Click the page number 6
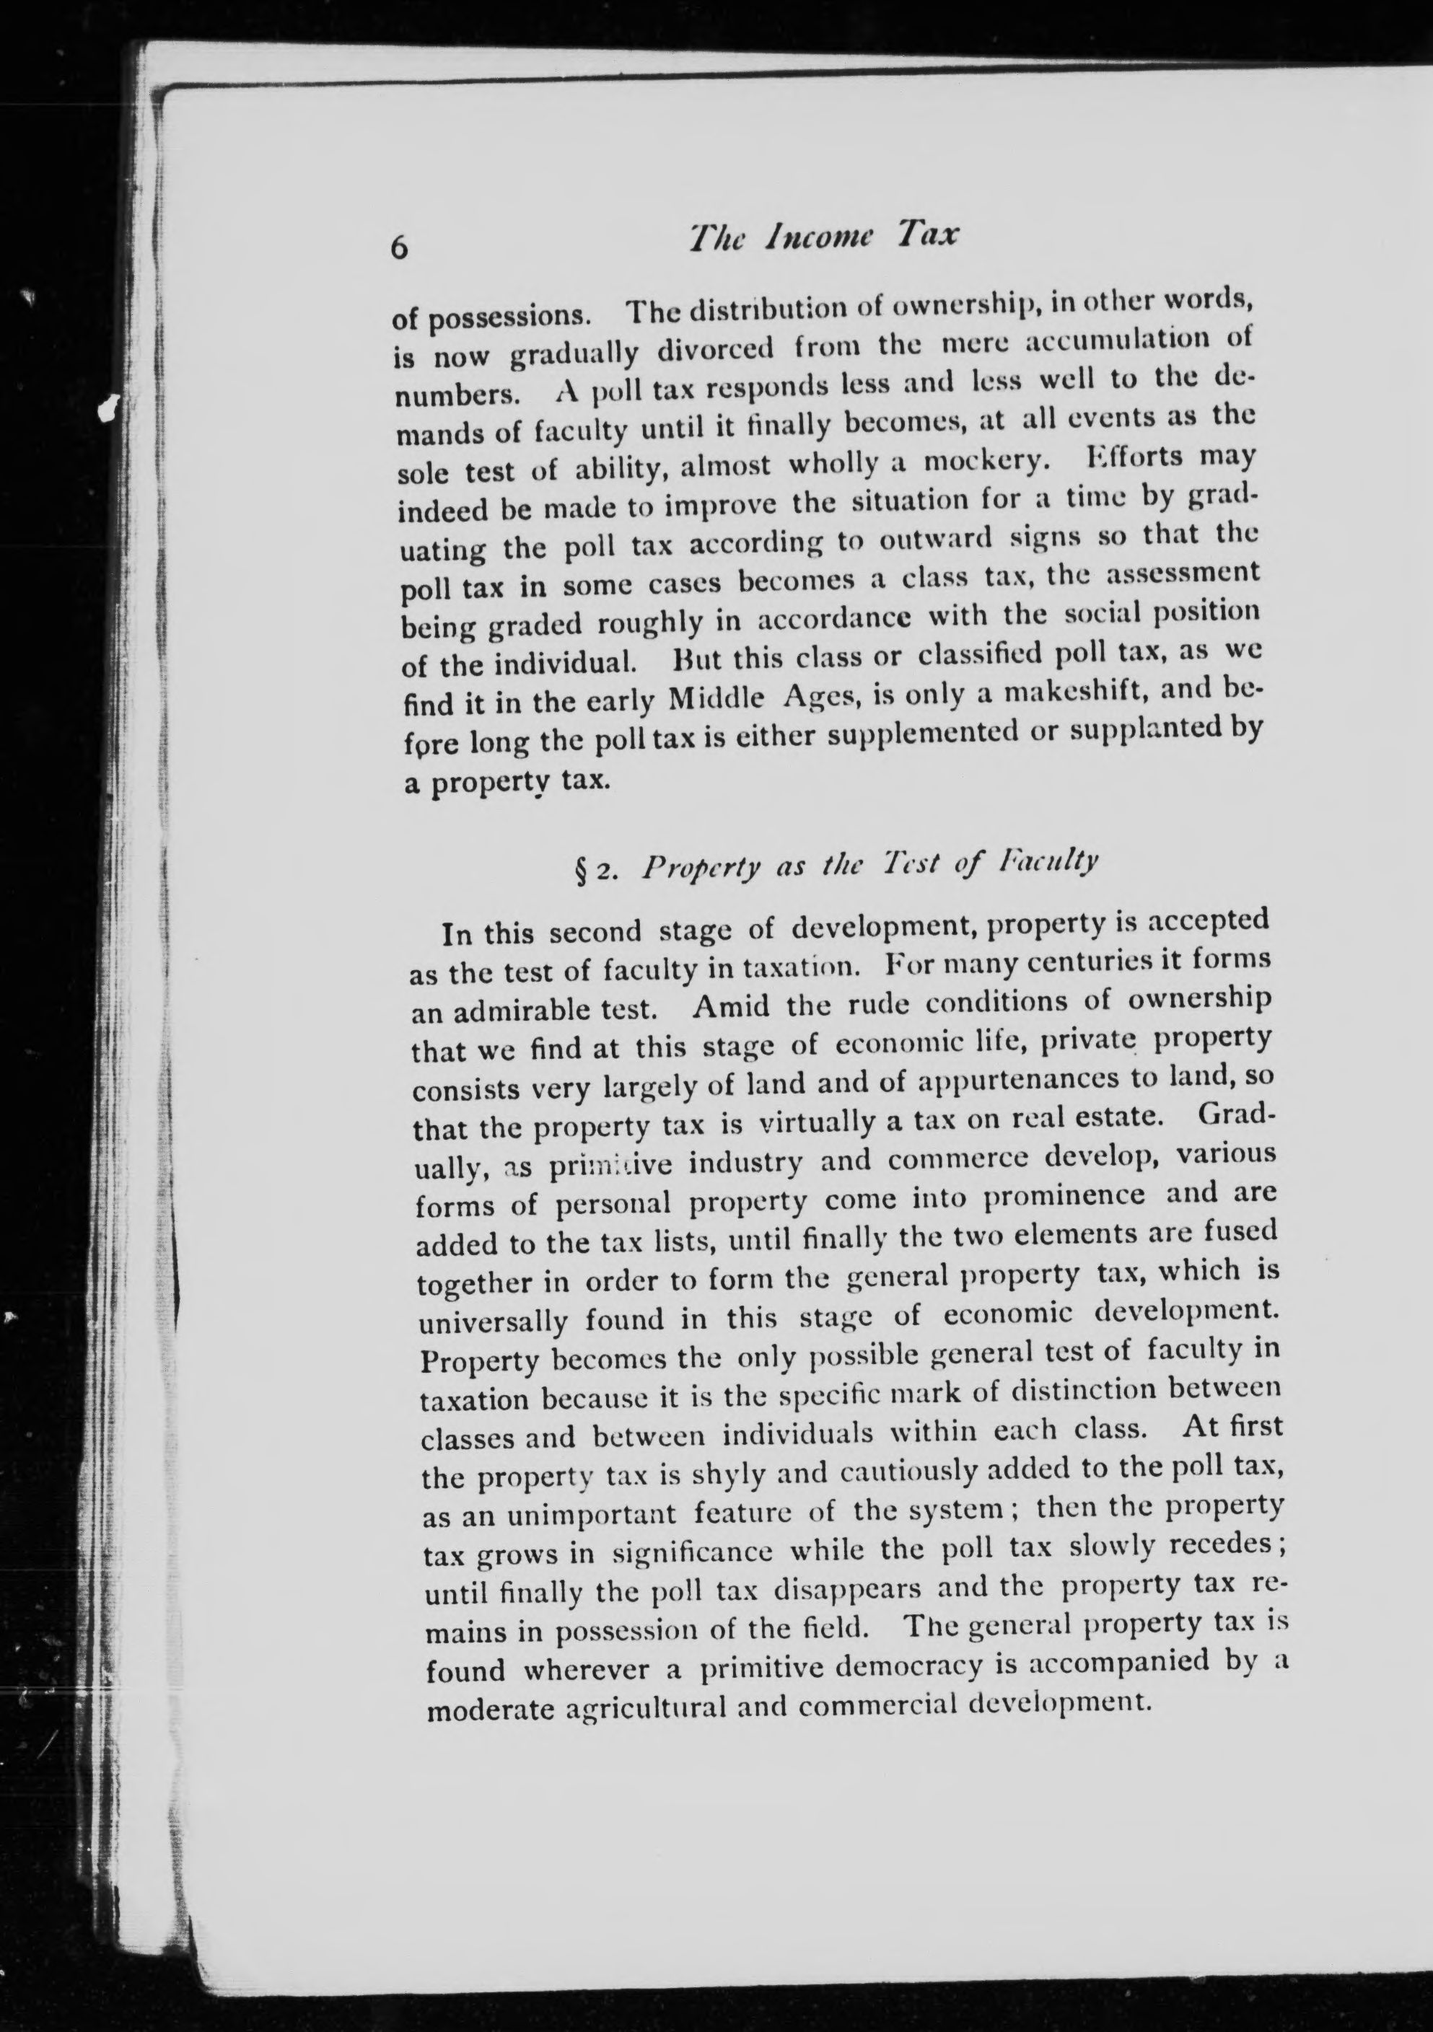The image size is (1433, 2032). (399, 249)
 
